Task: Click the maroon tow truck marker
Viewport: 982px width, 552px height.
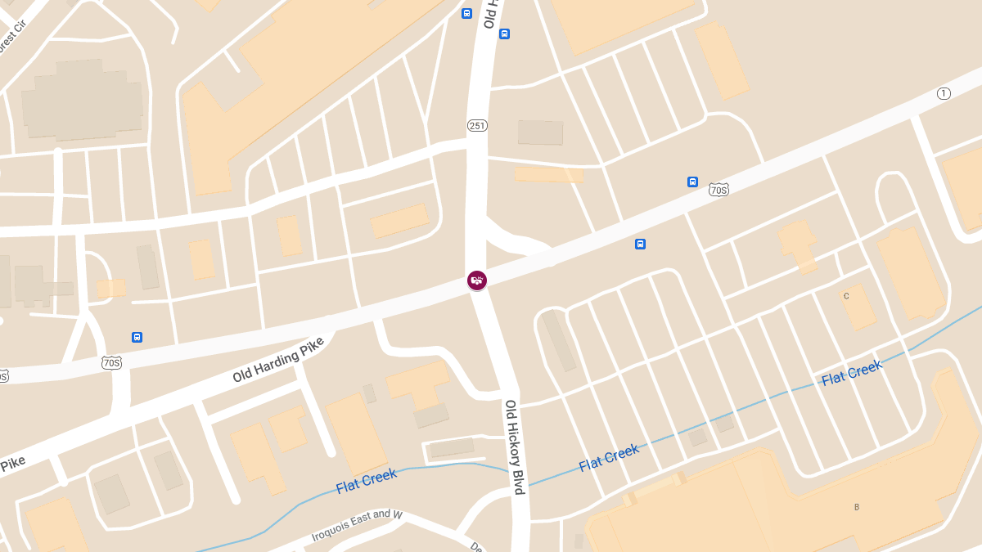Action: tap(477, 280)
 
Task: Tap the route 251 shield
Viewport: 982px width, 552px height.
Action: tap(477, 125)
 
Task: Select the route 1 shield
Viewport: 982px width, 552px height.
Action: tap(944, 93)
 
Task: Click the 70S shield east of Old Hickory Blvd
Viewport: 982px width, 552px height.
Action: tap(718, 189)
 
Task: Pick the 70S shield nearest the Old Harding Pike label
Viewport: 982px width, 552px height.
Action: tap(112, 361)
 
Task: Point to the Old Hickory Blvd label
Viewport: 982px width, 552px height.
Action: tap(514, 447)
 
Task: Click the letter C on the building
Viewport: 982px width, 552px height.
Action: tap(846, 296)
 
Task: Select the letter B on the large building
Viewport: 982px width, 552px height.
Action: tap(857, 507)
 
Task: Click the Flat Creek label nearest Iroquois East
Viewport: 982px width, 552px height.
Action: tap(366, 481)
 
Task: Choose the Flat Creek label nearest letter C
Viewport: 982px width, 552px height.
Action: tap(851, 373)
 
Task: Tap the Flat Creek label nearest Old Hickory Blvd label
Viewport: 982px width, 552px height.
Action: tap(609, 458)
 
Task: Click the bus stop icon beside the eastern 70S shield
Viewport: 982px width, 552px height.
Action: tap(692, 182)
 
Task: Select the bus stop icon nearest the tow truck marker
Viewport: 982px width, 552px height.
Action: tap(640, 244)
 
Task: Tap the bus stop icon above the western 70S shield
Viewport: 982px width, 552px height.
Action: tap(137, 337)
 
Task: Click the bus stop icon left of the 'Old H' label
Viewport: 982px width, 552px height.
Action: tap(466, 13)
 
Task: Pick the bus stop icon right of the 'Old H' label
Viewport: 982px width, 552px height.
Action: tap(504, 34)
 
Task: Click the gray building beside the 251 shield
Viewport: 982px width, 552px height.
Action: tap(540, 132)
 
